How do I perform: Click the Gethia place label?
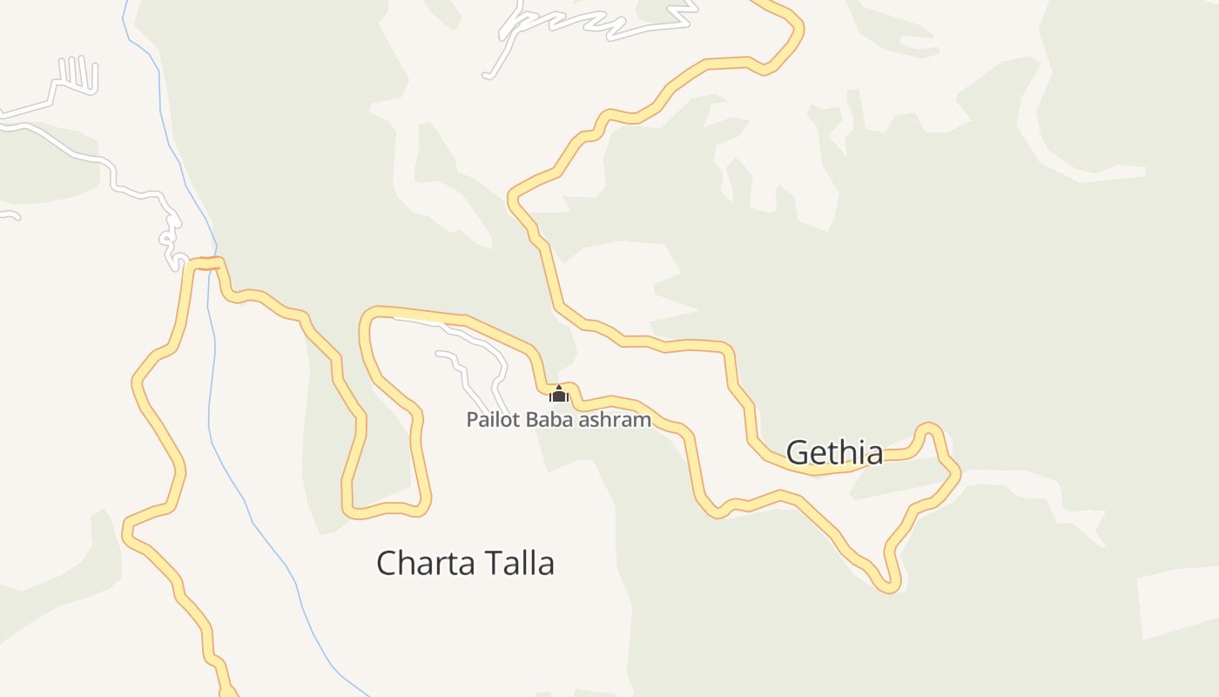834,452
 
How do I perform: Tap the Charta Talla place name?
465,563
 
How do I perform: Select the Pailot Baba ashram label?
558,419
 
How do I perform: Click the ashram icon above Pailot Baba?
559,395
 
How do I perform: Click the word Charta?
420,563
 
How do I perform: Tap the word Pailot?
494,419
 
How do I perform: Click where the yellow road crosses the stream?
212,263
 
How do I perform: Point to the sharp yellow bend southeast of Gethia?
888,585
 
